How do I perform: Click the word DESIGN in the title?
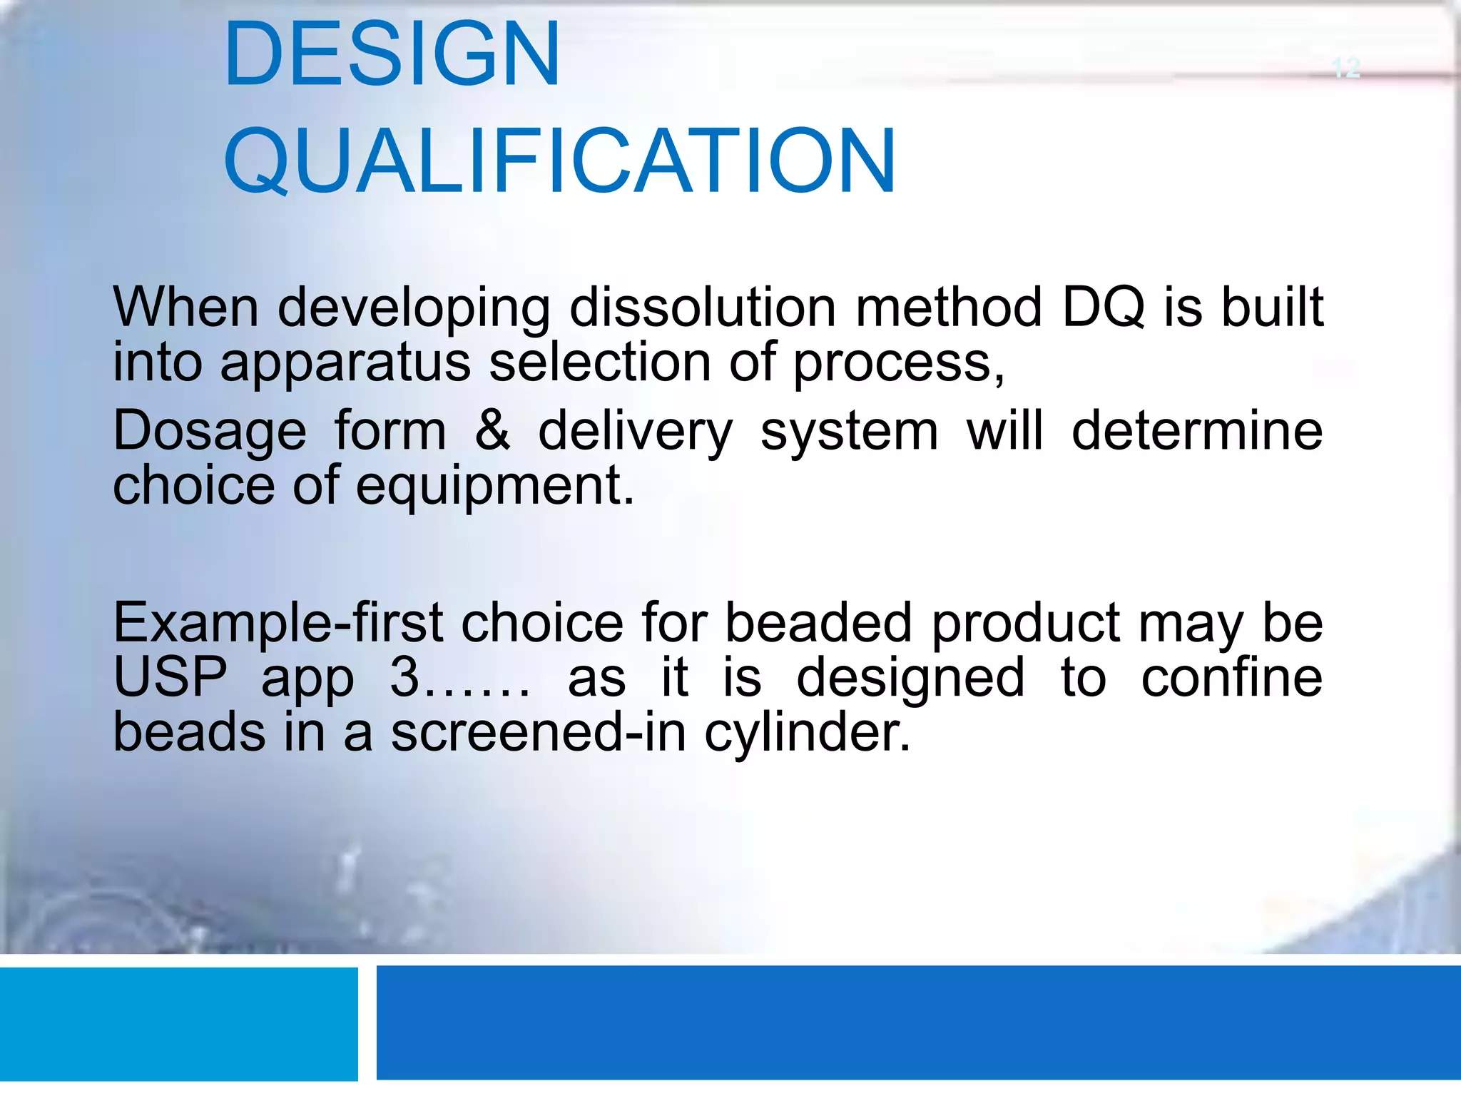pyautogui.click(x=392, y=55)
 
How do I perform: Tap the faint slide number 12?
pyautogui.click(x=1346, y=68)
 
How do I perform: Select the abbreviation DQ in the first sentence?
pyautogui.click(x=1103, y=308)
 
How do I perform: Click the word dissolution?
pyautogui.click(x=702, y=308)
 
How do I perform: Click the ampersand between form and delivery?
pyautogui.click(x=492, y=431)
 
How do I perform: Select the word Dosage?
pyautogui.click(x=210, y=432)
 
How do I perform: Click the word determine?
pyautogui.click(x=1197, y=431)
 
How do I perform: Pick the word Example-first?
pyautogui.click(x=278, y=624)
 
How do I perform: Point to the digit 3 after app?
pyautogui.click(x=404, y=678)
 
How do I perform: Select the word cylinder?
pyautogui.click(x=808, y=734)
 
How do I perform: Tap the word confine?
pyautogui.click(x=1231, y=678)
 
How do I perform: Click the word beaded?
pyautogui.click(x=818, y=624)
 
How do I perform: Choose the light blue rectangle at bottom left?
pyautogui.click(x=178, y=1024)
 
